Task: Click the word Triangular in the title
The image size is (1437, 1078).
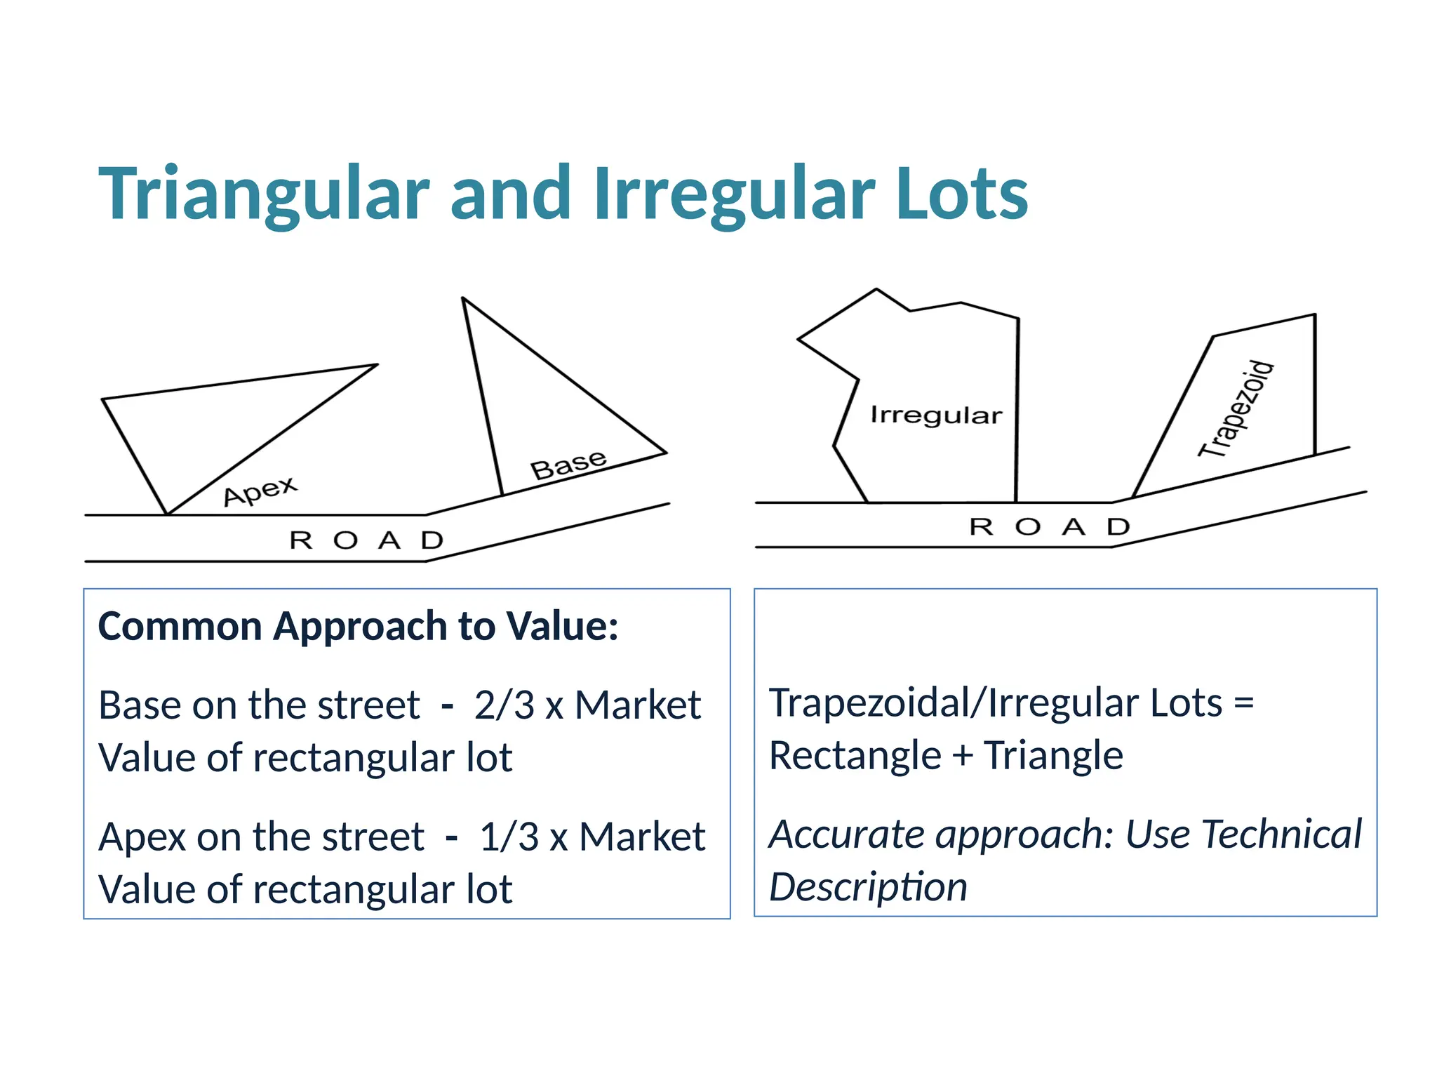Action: click(264, 194)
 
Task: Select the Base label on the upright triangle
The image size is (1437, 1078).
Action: click(568, 465)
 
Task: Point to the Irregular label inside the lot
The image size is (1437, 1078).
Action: click(936, 415)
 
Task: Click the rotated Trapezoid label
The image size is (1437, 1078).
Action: click(1236, 409)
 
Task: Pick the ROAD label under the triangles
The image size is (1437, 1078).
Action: click(366, 540)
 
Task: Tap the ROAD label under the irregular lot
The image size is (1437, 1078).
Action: click(1050, 526)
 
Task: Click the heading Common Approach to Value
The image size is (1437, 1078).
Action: click(358, 626)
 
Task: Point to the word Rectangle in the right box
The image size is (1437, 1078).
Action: click(855, 756)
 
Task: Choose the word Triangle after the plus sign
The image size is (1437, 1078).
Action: click(1052, 756)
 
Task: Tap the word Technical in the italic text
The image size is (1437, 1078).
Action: click(1281, 834)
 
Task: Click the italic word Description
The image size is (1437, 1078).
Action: click(868, 887)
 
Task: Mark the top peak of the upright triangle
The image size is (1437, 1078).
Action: click(463, 299)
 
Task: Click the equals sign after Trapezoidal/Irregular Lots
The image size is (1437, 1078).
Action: click(1243, 703)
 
